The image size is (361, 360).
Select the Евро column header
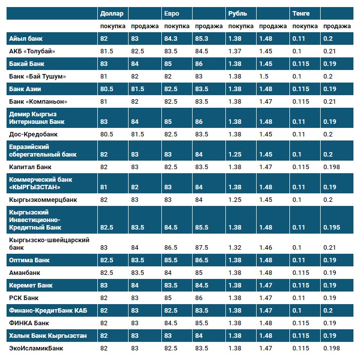(172, 13)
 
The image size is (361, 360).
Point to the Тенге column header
(301, 13)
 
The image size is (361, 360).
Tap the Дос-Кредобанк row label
(33, 134)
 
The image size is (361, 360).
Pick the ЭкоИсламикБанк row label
(36, 348)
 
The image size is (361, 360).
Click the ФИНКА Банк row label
(29, 323)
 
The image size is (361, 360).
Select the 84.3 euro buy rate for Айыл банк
(171, 38)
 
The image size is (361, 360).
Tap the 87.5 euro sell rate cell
(202, 248)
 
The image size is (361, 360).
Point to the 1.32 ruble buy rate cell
(234, 248)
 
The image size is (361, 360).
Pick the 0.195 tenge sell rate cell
(331, 228)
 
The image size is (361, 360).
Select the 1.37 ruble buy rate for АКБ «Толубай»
(234, 51)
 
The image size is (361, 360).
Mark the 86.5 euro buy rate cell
(171, 248)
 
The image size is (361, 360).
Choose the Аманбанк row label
(25, 273)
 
